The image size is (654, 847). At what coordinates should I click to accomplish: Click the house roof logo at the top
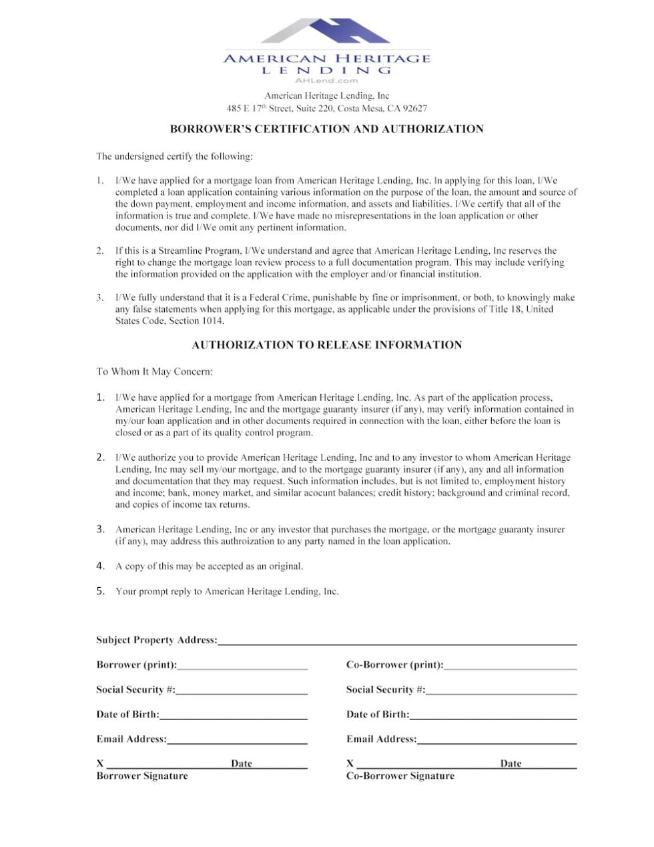[x=326, y=31]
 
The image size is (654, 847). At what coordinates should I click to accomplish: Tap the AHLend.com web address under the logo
[x=326, y=81]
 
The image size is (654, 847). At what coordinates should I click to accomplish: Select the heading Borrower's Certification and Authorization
[x=326, y=129]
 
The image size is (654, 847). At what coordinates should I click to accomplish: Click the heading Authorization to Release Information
[x=326, y=345]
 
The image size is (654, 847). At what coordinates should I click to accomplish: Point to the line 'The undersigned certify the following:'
[x=174, y=156]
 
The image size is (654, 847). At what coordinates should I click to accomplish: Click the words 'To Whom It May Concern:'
[x=154, y=371]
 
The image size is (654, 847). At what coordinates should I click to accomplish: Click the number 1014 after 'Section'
[x=213, y=321]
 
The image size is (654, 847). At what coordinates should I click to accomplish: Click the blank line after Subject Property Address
[x=397, y=642]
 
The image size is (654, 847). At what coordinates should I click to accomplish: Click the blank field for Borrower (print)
[x=242, y=666]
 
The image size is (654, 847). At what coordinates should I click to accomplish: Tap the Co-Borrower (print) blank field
[x=510, y=666]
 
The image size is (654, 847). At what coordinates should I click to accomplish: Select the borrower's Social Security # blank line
[x=242, y=691]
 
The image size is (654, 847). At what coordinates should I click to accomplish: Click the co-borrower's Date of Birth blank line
[x=493, y=716]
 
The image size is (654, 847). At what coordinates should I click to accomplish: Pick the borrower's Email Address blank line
[x=237, y=741]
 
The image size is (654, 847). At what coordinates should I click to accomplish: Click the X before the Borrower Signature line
[x=100, y=763]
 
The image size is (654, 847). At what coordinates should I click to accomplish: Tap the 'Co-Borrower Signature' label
[x=400, y=776]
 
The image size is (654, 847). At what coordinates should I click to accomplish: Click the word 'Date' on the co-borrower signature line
[x=511, y=764]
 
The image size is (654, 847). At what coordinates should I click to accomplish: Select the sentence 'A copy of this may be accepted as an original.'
[x=209, y=566]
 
